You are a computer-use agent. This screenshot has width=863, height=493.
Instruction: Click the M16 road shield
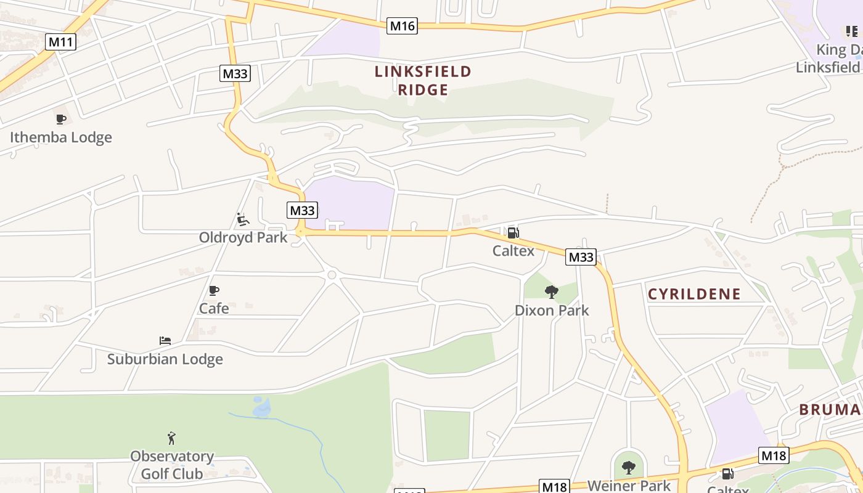click(x=402, y=26)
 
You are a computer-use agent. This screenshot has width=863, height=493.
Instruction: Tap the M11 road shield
click(x=60, y=42)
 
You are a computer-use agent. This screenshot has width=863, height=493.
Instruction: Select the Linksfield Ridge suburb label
click(x=423, y=81)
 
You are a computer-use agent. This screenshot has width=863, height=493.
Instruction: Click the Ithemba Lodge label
click(x=61, y=137)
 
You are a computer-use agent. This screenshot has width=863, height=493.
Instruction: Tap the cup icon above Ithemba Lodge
click(x=60, y=119)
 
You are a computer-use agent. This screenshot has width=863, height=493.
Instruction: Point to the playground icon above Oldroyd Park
click(x=243, y=219)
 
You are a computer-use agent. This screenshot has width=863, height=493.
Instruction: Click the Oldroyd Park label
click(x=243, y=237)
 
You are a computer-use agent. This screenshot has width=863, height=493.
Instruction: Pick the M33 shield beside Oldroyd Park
click(x=302, y=210)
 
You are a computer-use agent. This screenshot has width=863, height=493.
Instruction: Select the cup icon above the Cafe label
click(x=214, y=290)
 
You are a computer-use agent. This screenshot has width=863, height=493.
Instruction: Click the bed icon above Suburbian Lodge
click(x=165, y=341)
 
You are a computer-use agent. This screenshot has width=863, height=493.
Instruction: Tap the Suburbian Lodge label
click(x=165, y=359)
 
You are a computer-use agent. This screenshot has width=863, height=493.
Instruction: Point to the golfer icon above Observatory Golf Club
click(x=171, y=438)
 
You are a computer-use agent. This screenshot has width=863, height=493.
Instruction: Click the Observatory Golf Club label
click(x=172, y=465)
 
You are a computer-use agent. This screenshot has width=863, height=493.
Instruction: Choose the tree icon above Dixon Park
click(x=552, y=291)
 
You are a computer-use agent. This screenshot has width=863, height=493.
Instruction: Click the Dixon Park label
click(x=552, y=310)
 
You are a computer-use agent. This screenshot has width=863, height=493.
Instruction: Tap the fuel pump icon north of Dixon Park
click(x=513, y=232)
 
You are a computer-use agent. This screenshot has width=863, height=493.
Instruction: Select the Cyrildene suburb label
click(x=694, y=293)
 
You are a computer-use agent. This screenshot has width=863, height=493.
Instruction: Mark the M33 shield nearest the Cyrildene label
click(x=581, y=257)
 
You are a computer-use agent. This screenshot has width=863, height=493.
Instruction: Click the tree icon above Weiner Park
click(x=628, y=468)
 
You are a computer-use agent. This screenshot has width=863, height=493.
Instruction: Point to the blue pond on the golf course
click(x=261, y=407)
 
